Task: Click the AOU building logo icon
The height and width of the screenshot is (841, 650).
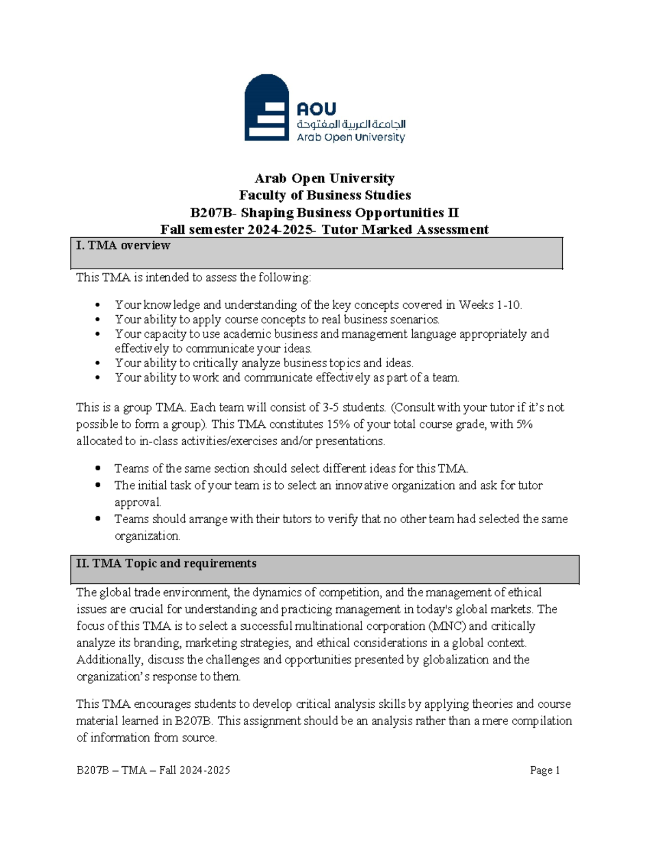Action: (266, 108)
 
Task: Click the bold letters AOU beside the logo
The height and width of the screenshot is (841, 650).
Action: (316, 109)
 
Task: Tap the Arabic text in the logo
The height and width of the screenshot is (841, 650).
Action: (351, 124)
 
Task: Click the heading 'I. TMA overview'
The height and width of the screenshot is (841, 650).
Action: (123, 245)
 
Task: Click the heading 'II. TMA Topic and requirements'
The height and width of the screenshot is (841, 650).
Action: (166, 563)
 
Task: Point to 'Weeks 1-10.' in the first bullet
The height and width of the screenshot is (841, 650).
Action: (490, 305)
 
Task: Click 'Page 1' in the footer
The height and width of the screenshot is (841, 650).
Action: (544, 770)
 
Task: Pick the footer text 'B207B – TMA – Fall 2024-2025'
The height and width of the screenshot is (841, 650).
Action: (153, 770)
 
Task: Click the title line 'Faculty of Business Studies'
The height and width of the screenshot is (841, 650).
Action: (325, 195)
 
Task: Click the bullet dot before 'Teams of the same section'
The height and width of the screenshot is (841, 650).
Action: (97, 468)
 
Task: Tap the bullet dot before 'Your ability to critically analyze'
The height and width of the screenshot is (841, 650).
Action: (97, 363)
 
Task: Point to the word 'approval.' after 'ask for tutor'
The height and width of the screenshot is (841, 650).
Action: (138, 502)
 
